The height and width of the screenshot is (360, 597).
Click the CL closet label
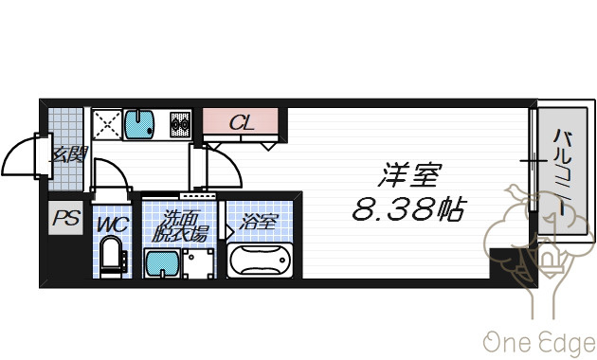(242, 122)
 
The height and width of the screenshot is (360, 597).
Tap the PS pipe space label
(66, 219)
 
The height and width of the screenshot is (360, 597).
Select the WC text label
(113, 225)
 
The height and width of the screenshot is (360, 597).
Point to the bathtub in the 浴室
(261, 261)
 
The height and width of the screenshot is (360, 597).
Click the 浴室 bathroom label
(259, 222)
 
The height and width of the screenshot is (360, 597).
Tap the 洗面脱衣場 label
(180, 226)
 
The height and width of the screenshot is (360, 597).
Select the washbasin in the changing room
(162, 263)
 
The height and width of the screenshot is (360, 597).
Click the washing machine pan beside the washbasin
(198, 263)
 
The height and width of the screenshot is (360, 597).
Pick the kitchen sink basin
(139, 124)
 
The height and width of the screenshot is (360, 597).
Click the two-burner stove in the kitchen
(180, 124)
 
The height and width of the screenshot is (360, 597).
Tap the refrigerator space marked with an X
(107, 124)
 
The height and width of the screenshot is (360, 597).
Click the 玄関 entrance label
(70, 154)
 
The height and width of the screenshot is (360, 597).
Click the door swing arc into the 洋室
(231, 160)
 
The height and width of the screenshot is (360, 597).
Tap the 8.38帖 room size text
(409, 209)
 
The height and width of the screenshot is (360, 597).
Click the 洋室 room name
(409, 175)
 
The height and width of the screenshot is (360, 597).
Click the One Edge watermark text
(540, 343)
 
